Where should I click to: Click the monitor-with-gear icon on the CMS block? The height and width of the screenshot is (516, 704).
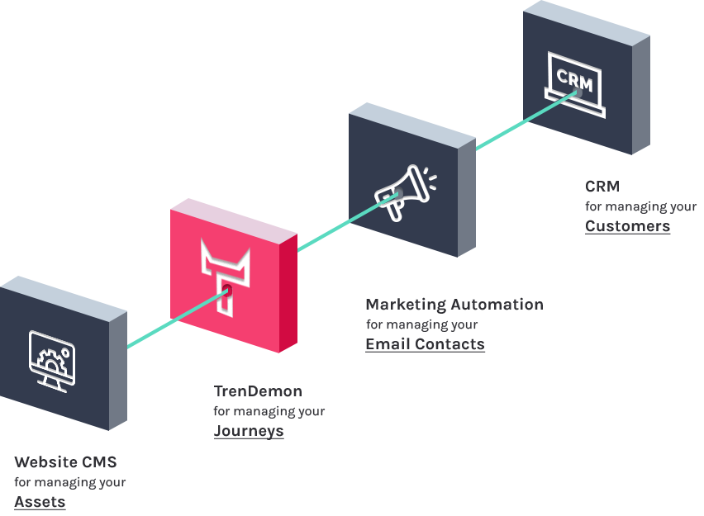coord(51,361)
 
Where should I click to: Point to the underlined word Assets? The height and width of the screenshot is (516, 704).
coord(40,502)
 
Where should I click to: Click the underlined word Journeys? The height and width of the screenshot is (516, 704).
coord(249,431)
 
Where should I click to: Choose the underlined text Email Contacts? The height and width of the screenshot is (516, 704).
coord(425,344)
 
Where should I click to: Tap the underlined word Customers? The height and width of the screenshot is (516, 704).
coord(627,226)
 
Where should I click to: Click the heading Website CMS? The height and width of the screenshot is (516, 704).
coord(65,462)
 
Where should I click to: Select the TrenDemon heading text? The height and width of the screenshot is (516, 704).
coord(258,391)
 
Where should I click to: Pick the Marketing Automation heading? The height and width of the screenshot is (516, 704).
coord(454,305)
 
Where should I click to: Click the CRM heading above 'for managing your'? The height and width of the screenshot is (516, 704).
coord(602,187)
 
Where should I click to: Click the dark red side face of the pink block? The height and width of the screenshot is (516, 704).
coord(288,297)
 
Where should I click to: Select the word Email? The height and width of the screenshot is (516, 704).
coord(386,344)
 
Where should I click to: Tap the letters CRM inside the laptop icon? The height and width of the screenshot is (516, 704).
coord(573,77)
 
